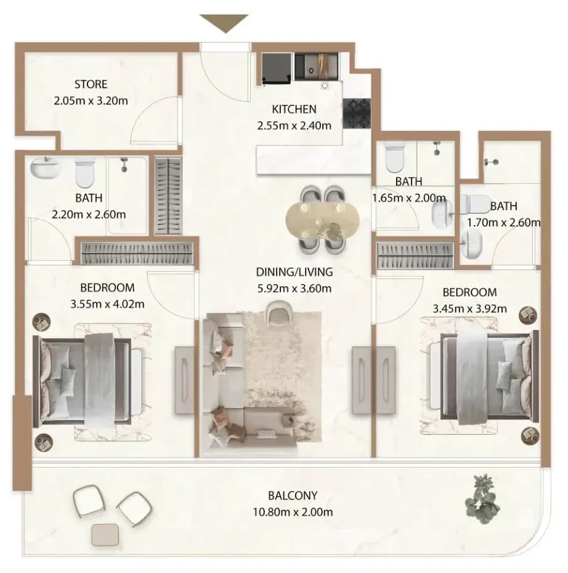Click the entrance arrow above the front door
(x=224, y=23)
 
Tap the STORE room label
(x=91, y=85)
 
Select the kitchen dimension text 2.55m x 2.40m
(x=294, y=126)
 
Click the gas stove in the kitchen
(x=357, y=113)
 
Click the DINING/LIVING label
(x=294, y=272)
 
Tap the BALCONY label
(x=293, y=495)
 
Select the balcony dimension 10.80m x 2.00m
(x=293, y=512)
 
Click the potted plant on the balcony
(x=482, y=499)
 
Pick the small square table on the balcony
(x=105, y=535)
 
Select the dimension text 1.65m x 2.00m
(x=409, y=198)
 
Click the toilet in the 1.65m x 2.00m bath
(x=395, y=157)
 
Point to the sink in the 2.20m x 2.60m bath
(x=45, y=168)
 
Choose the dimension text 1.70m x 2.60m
(x=504, y=223)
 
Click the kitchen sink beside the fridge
(x=315, y=67)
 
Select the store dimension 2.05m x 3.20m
(x=91, y=101)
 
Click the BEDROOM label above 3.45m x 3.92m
(x=469, y=292)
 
